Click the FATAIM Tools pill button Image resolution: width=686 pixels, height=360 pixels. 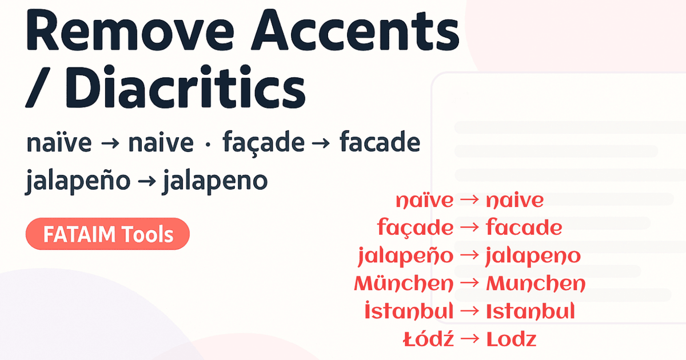point(107,234)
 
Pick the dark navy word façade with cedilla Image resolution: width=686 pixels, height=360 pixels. point(264,143)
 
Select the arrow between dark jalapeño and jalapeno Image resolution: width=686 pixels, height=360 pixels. point(148,182)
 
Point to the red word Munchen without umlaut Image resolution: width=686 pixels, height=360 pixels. point(536,283)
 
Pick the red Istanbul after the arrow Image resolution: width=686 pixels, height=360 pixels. point(530,311)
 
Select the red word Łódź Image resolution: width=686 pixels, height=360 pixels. point(429,339)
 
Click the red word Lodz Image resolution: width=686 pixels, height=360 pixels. point(511,339)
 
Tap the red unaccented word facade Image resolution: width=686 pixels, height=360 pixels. point(524,228)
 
